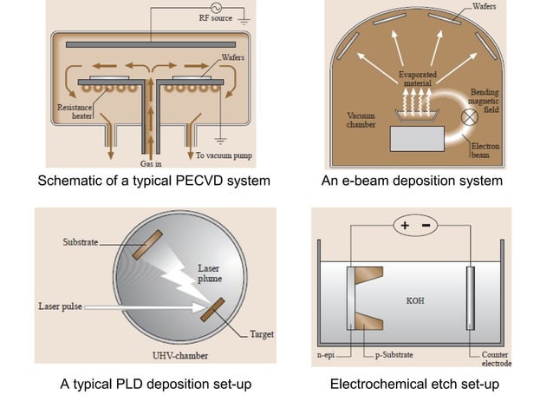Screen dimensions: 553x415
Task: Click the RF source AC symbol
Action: [216, 8]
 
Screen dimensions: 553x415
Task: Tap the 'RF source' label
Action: [216, 18]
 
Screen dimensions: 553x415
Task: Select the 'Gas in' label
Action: [151, 163]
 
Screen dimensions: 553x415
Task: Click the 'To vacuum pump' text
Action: [224, 155]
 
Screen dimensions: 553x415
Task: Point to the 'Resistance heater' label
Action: [75, 112]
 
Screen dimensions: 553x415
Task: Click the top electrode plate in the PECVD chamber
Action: [151, 45]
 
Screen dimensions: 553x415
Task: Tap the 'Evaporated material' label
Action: [418, 79]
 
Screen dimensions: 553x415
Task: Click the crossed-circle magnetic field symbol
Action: [470, 117]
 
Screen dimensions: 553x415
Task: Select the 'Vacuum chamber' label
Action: [361, 120]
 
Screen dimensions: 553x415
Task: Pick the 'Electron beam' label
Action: [485, 150]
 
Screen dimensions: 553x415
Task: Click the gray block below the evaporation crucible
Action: [417, 139]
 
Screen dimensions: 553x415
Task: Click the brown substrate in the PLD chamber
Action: [147, 245]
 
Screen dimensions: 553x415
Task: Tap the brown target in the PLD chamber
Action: [212, 309]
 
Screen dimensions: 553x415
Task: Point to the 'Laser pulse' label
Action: [61, 306]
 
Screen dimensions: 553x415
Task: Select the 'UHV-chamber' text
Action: [180, 356]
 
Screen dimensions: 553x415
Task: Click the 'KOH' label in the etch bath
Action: [415, 301]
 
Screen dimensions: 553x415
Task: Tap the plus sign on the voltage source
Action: [405, 226]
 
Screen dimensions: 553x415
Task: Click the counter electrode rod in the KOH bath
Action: [471, 299]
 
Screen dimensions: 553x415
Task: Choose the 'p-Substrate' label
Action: [394, 355]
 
